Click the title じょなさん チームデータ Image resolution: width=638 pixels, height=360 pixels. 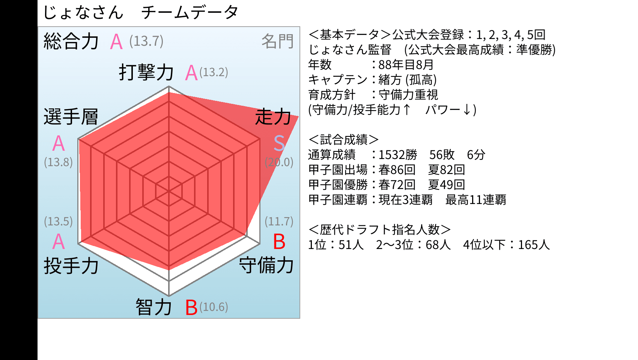coord(140,12)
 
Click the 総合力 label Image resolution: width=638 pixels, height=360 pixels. coord(71,41)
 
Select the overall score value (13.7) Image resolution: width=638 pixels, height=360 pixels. coord(146,41)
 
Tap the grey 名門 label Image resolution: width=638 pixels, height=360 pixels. coord(277,41)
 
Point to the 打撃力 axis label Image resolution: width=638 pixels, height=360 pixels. coord(146,72)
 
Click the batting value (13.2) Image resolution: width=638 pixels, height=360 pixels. coord(214,72)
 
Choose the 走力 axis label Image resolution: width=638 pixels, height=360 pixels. coord(273,117)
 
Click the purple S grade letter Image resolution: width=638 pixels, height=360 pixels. coord(279,143)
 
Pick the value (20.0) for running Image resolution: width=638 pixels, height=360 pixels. coord(279,162)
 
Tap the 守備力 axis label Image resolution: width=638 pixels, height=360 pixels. coord(266,265)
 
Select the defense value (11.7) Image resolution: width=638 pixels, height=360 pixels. coord(279,221)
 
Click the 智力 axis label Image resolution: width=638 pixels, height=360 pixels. coord(154,307)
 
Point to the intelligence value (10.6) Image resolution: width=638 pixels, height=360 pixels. coord(214,307)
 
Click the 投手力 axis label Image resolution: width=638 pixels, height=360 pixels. coord(71,265)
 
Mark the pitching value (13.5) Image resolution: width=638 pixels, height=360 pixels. coord(58,221)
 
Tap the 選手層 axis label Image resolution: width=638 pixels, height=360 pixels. coord(71,117)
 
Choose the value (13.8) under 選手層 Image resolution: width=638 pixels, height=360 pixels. coord(58,162)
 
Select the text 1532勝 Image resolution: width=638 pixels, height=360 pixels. coord(398,154)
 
